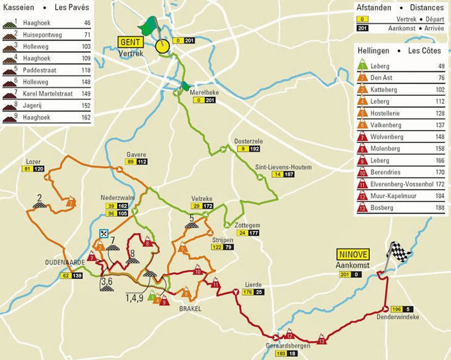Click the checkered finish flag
tap(399, 252)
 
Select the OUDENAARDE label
tap(65, 263)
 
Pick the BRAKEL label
tap(190, 309)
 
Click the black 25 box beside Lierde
tap(259, 292)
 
